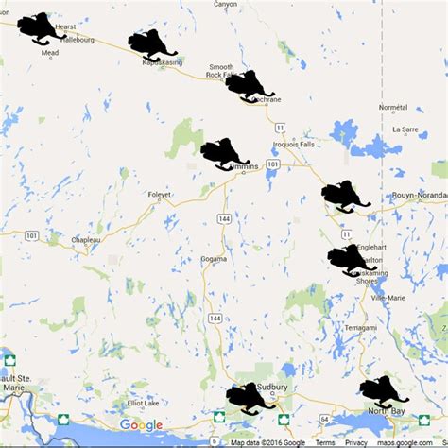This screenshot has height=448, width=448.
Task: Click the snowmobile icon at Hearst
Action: pyautogui.click(x=40, y=28)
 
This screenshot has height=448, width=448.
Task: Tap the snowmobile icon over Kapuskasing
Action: pyautogui.click(x=152, y=45)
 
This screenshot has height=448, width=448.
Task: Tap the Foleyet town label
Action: pyautogui.click(x=159, y=196)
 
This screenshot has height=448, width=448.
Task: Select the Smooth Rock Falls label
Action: pyautogui.click(x=220, y=72)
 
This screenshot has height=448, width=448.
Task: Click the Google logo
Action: pyautogui.click(x=141, y=425)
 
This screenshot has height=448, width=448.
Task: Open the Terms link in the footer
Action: pyautogui.click(x=324, y=442)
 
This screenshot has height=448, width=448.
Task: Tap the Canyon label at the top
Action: pyautogui.click(x=226, y=5)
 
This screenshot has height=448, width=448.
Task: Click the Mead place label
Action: pyautogui.click(x=51, y=54)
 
